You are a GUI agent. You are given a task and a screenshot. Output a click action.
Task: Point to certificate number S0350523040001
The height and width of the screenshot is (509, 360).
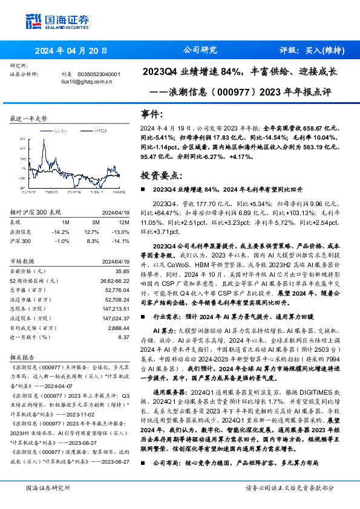tap(99, 74)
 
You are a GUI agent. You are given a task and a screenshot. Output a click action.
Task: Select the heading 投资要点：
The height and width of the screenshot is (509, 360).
tap(160, 175)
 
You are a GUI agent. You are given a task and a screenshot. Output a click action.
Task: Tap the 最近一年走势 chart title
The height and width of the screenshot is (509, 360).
tap(29, 118)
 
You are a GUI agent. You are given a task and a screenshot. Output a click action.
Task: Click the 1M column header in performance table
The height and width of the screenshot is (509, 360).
tap(66, 222)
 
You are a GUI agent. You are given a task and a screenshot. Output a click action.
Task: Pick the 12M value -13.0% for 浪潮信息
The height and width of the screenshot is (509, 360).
tap(122, 232)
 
